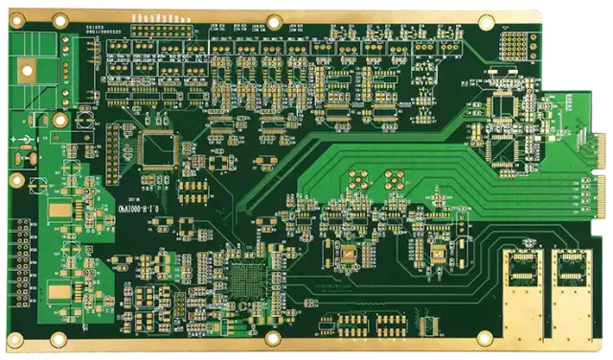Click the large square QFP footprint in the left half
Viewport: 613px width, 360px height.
(158, 149)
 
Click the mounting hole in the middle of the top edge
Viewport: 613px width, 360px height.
(274, 21)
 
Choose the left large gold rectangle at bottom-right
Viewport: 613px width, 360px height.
(523, 301)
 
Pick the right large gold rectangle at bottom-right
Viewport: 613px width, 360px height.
(573, 301)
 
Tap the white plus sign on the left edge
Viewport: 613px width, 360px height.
(16, 140)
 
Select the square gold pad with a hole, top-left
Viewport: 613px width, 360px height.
(27, 68)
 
